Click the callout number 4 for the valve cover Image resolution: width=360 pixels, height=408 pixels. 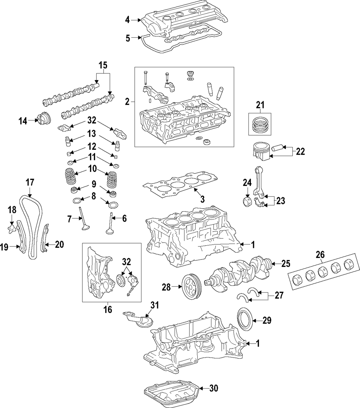(127, 20)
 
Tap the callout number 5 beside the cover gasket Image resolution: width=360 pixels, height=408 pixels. (127, 37)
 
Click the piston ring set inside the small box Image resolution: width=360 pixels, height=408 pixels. (260, 124)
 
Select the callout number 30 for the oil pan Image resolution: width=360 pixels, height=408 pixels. (213, 388)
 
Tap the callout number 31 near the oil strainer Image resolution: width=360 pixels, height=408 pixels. (154, 305)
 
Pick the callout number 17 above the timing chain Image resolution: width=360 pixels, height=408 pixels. (30, 182)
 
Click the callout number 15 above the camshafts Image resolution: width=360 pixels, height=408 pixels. (103, 65)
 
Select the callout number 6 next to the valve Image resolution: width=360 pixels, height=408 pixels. (125, 218)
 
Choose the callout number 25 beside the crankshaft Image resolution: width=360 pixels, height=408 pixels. (285, 264)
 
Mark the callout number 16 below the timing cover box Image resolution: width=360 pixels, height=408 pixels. (107, 309)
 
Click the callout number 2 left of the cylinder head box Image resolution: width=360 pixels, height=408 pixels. (127, 102)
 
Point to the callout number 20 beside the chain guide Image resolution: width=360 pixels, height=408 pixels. (59, 245)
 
